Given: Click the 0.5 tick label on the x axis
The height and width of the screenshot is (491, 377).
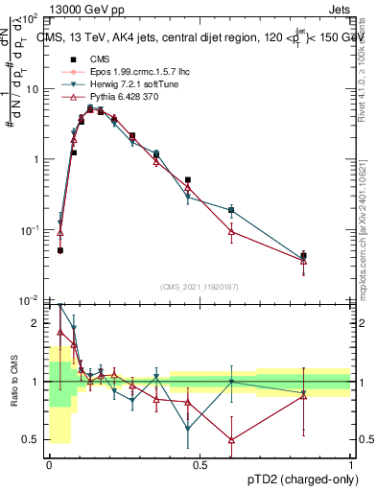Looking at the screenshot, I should pos(199,464).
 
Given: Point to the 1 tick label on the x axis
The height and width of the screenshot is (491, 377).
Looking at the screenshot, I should pos(349,464).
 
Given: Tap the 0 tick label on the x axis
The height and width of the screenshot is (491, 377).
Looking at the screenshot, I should pos(49,464).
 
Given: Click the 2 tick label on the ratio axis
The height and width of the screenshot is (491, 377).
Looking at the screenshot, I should pos(36,324).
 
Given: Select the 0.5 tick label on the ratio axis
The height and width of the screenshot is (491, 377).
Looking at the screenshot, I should pos(31,440).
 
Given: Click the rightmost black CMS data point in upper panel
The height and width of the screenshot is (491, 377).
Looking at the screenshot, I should pos(303,256).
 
